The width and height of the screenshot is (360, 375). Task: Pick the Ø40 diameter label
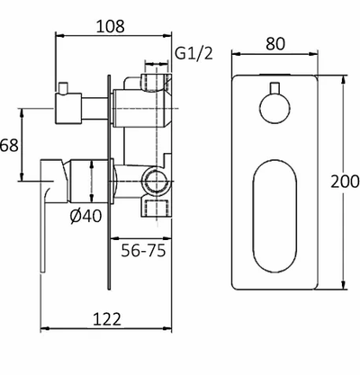coord(84,216)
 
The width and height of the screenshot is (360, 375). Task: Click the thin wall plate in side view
coord(112,180)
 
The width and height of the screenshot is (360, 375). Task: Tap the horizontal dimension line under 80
coord(276,56)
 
